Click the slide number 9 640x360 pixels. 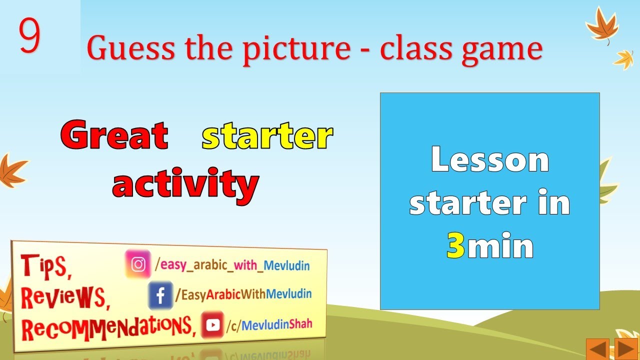point(29,36)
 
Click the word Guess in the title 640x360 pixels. point(131,50)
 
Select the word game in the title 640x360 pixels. point(501,50)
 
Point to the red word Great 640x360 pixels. point(114,135)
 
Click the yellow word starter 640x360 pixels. point(267,136)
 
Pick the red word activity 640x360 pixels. point(185,184)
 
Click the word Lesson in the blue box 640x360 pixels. point(489,160)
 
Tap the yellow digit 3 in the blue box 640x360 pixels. point(455,246)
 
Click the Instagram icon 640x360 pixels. point(138,264)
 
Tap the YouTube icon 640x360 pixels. point(212,325)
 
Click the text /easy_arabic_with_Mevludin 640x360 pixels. point(232,264)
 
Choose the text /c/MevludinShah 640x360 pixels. point(269,324)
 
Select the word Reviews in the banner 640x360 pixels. point(65,297)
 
